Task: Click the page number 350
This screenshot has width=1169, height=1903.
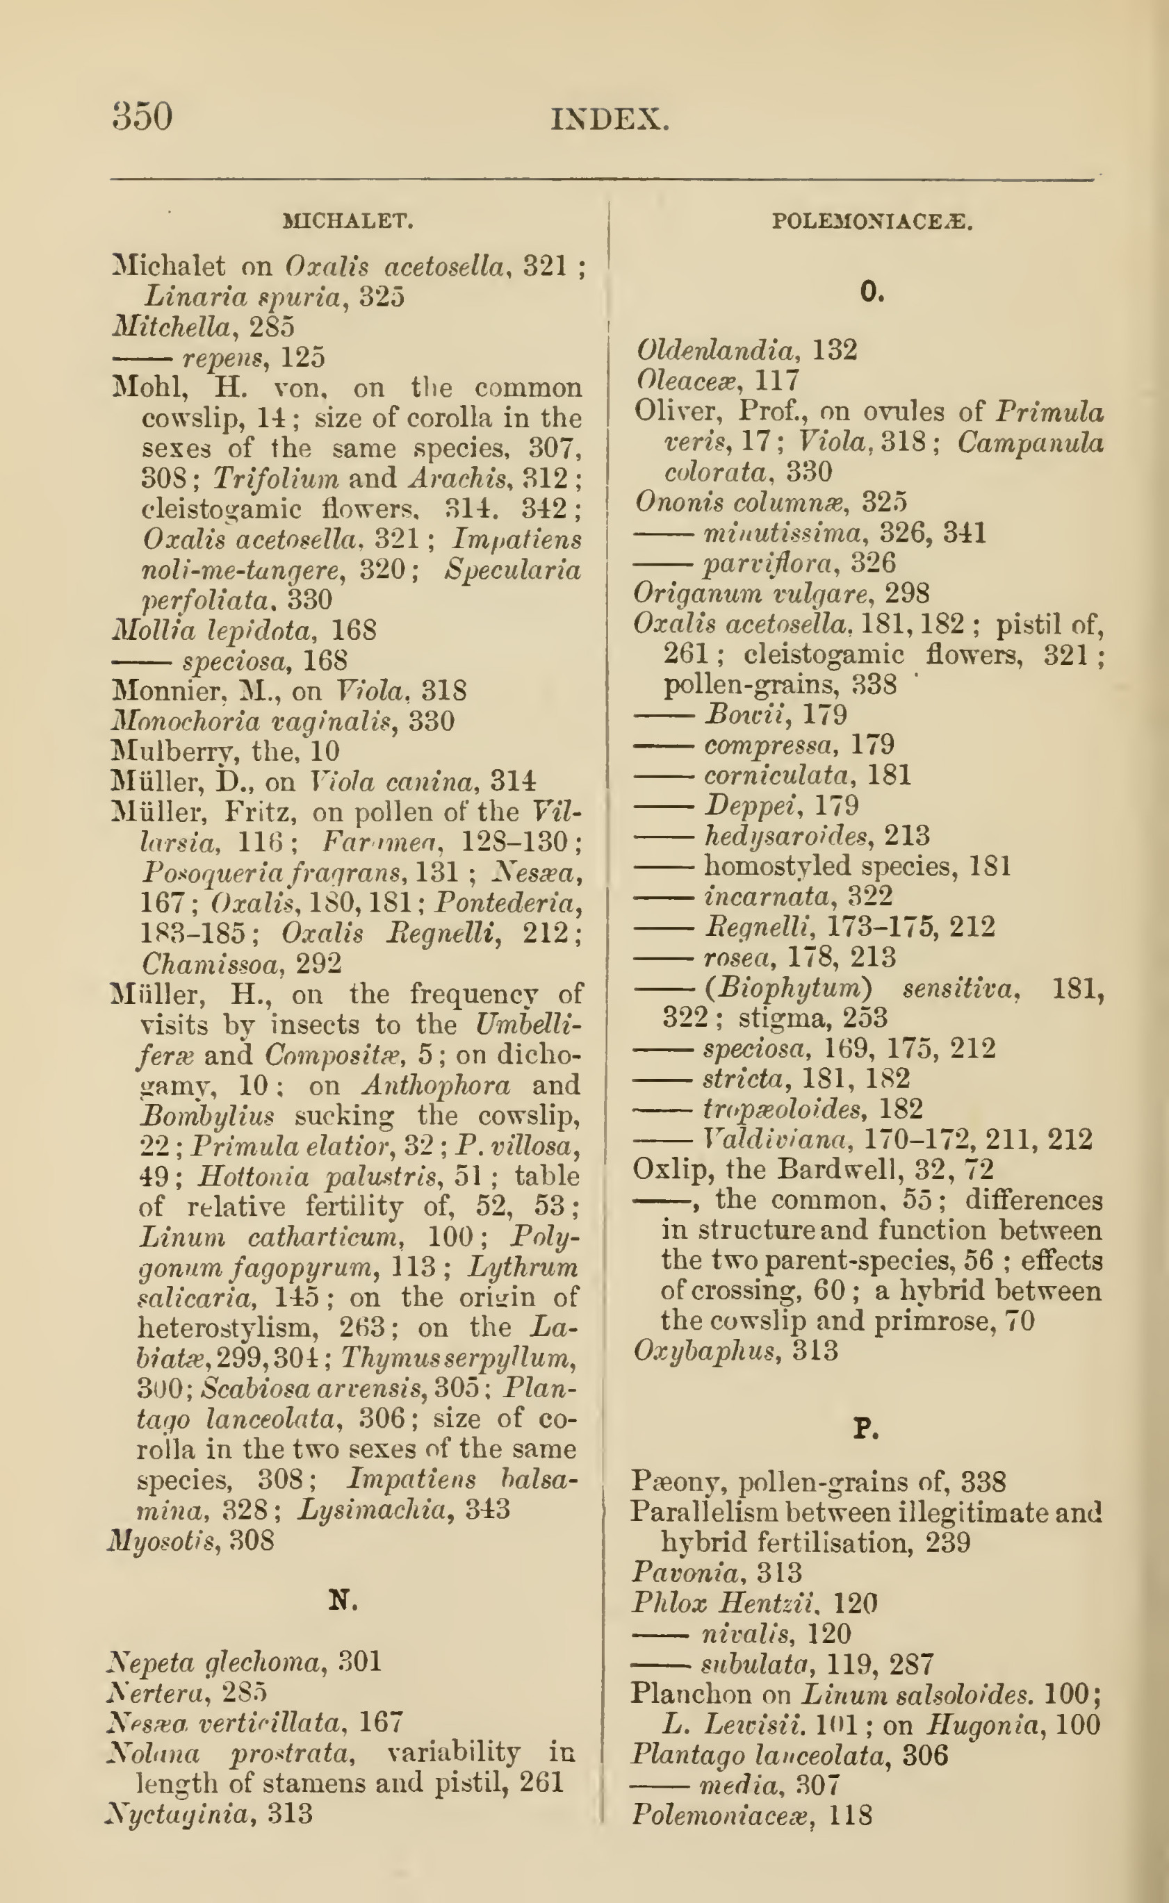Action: pos(142,117)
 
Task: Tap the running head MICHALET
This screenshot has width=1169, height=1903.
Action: pos(349,222)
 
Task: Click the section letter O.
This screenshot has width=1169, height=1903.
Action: pos(872,293)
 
